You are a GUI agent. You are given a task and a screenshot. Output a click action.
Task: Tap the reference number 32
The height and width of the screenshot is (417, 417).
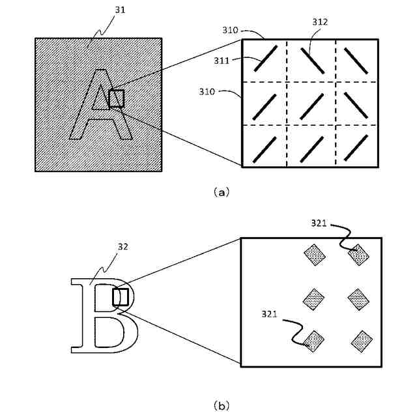pos(122,247)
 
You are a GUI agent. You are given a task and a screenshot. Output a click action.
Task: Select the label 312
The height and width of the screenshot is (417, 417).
pos(320,22)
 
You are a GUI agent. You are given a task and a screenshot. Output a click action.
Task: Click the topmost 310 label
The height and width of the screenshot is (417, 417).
pos(229,30)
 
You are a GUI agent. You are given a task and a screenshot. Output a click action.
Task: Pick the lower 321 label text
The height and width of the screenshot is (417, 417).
pos(269,313)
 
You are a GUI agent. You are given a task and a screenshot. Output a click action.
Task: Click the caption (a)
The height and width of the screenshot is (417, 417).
pos(222,192)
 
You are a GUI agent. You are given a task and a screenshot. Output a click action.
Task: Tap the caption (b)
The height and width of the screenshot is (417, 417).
pos(222,405)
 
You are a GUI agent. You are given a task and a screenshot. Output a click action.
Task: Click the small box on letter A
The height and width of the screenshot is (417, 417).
pos(116,99)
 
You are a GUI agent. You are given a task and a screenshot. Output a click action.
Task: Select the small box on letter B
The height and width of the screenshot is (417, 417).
pos(121,297)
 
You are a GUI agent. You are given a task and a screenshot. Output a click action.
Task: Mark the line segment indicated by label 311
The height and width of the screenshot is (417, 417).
pos(267,58)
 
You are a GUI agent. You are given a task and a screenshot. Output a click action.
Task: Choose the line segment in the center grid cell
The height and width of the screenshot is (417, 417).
pos(312,104)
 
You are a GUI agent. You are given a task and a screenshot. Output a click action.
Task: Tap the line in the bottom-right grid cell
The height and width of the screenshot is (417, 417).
pos(356,147)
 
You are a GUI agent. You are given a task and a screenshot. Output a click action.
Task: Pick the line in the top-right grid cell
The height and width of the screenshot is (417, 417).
pos(356,59)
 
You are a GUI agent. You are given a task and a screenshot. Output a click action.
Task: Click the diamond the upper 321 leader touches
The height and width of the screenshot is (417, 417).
pos(358,255)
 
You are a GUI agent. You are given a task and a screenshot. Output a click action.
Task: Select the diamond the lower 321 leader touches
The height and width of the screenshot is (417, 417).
pos(314,341)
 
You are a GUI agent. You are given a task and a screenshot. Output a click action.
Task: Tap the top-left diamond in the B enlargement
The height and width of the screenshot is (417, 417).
pos(313,255)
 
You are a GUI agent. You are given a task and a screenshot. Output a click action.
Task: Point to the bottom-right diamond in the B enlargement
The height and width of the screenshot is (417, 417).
pos(361,341)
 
